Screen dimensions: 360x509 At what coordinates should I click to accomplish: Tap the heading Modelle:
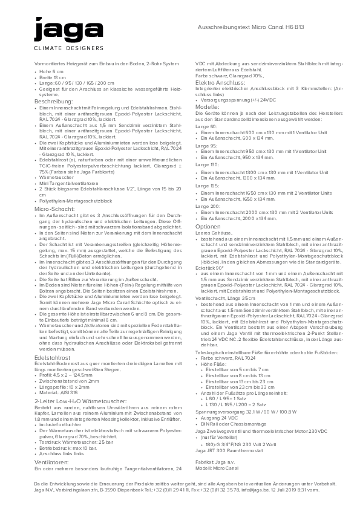207,106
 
